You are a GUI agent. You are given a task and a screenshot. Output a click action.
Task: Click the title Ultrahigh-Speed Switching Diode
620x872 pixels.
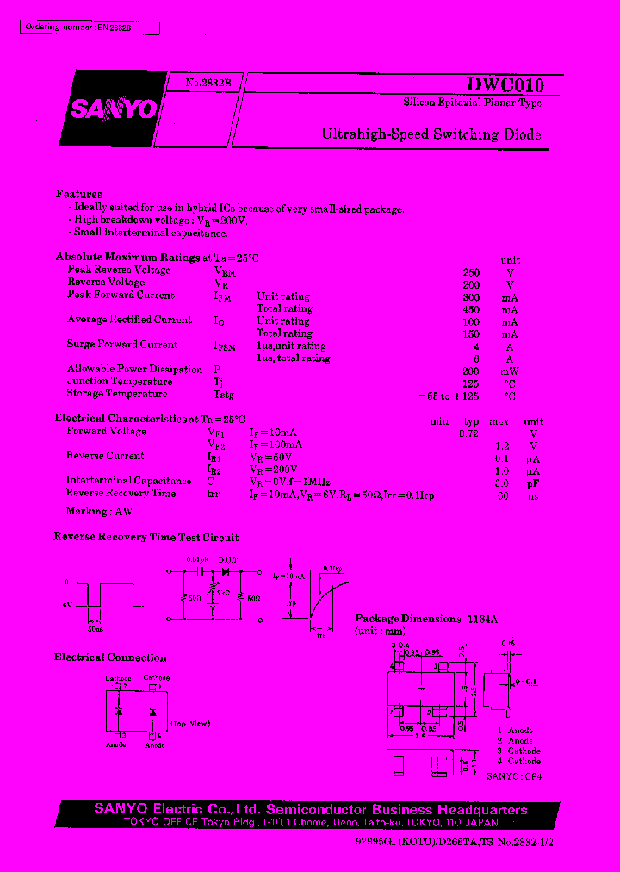point(431,134)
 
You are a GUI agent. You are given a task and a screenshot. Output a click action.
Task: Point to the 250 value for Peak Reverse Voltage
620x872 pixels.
point(471,271)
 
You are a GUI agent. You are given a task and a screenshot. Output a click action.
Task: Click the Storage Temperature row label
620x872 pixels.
point(117,394)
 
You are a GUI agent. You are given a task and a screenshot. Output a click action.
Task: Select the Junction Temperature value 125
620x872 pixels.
point(471,382)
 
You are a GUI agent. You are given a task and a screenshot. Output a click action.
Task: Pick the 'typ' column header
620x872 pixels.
point(471,421)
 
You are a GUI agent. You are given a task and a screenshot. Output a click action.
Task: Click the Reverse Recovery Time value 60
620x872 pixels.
point(503,495)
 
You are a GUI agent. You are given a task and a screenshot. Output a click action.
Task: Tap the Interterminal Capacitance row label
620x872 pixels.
point(129,481)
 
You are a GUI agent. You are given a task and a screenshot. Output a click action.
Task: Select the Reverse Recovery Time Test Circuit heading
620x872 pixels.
point(146,537)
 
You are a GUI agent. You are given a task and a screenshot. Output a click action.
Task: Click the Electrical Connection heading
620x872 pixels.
point(110,657)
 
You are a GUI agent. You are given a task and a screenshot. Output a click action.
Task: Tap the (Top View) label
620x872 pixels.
point(190,723)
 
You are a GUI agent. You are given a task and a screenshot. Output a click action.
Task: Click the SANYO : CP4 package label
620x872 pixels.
point(514,775)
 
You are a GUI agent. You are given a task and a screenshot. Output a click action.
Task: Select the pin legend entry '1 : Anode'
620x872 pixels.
point(515,731)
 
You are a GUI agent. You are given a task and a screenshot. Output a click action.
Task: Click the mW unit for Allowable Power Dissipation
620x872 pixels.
point(510,370)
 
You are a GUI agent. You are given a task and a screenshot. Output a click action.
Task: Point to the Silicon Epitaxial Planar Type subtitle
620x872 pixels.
point(473,103)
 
